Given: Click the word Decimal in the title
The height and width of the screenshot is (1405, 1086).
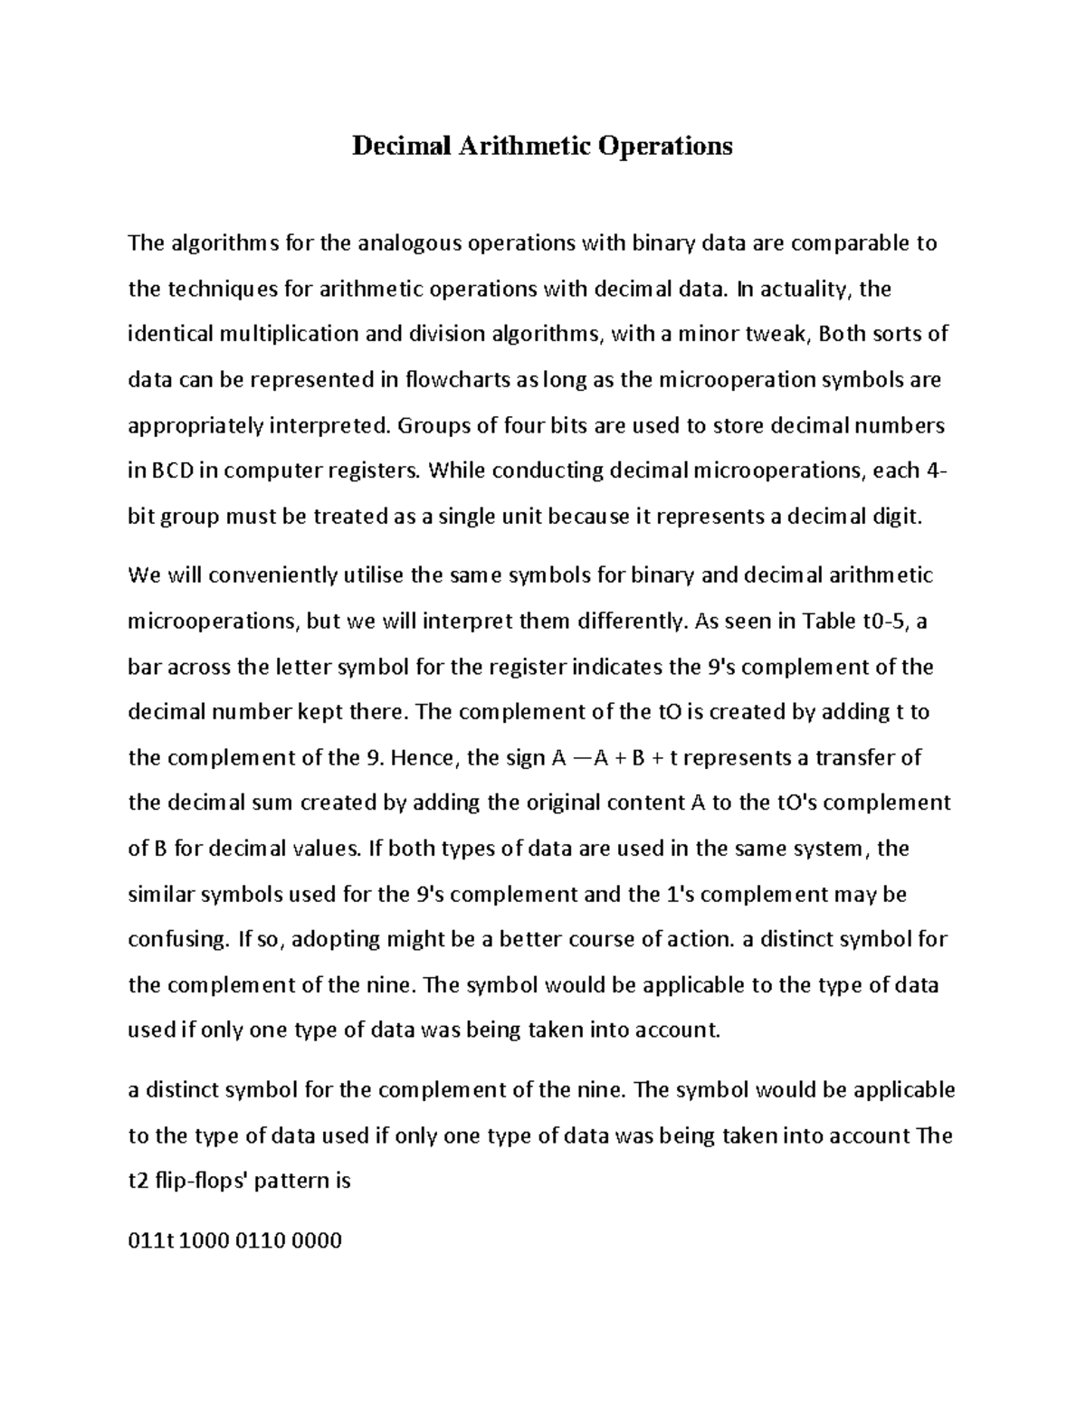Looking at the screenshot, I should coord(395,146).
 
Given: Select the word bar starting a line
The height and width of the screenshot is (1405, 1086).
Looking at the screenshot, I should coord(143,667).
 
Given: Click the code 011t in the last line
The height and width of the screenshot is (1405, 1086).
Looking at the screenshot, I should coord(150,1240).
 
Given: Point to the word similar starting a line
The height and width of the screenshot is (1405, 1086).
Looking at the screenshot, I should coord(161,894).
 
